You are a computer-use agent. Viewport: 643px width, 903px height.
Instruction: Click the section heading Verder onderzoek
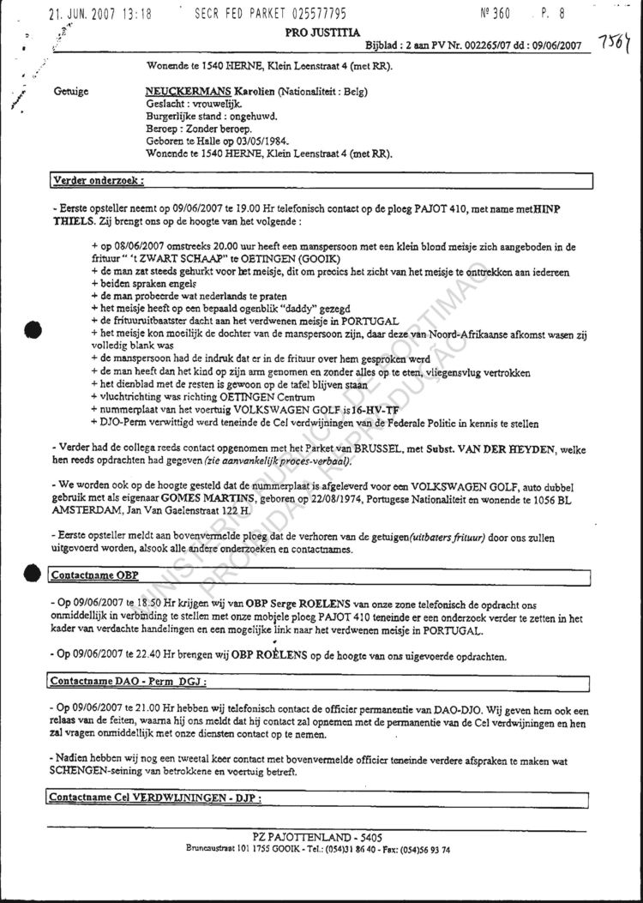(x=98, y=182)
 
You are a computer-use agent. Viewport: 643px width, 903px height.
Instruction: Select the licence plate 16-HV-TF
(x=337, y=411)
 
